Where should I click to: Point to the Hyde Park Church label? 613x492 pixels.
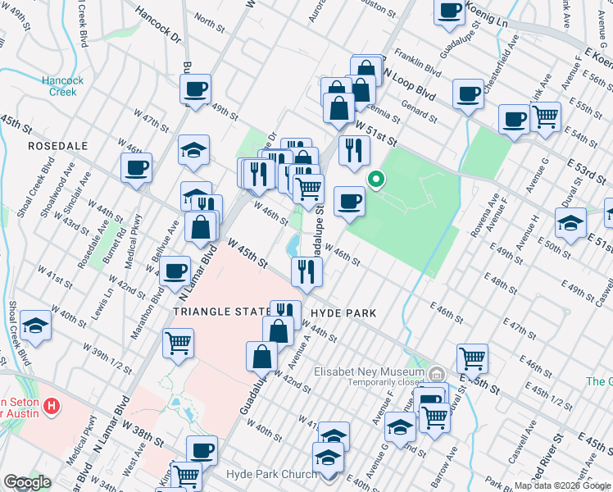click(x=271, y=476)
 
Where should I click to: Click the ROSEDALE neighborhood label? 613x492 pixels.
click(x=57, y=144)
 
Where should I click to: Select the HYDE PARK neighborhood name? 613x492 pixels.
click(x=346, y=313)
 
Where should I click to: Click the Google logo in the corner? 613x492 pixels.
click(x=27, y=482)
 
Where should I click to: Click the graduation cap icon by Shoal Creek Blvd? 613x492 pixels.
click(x=36, y=326)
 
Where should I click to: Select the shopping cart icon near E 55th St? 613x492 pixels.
click(x=545, y=116)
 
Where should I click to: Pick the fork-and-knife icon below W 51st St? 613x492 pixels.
click(x=354, y=151)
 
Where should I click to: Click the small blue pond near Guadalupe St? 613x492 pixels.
click(x=293, y=244)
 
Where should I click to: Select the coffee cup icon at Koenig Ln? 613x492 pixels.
click(x=449, y=11)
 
